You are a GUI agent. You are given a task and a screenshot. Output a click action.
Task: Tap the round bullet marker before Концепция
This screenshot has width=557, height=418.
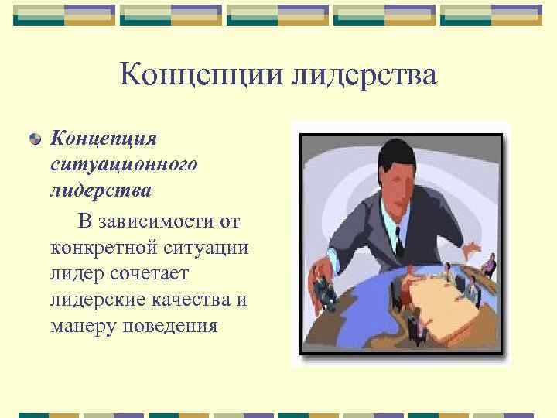tap(35, 139)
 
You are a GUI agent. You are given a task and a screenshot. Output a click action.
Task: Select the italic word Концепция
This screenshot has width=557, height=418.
tap(104, 139)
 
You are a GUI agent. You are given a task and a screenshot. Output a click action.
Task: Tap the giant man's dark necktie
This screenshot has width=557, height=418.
tap(398, 239)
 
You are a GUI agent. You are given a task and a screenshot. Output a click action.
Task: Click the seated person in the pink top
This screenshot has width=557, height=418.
tap(488, 267)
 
